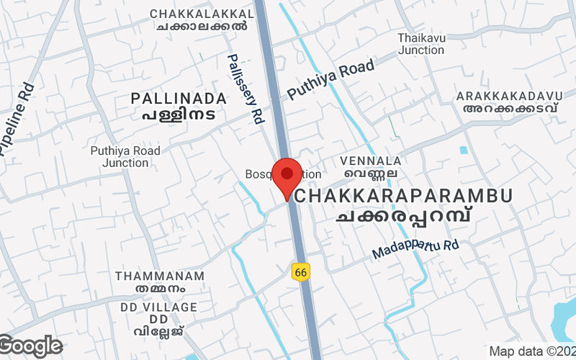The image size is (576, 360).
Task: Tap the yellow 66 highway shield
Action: (300, 271)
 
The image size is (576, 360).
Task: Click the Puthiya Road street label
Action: (331, 80)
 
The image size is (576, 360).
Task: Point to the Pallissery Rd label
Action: (246, 89)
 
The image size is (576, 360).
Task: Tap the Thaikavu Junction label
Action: (421, 44)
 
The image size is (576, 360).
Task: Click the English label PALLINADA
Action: (179, 98)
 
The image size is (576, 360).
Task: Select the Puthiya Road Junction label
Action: (125, 157)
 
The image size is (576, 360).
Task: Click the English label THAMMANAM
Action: (160, 276)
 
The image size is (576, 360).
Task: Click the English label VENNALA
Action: (372, 161)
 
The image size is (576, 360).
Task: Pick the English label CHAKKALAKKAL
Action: (202, 14)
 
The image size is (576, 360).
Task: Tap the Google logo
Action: (31, 346)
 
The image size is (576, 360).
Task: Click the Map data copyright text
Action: (532, 351)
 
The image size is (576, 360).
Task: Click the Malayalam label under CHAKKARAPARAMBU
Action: (408, 215)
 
